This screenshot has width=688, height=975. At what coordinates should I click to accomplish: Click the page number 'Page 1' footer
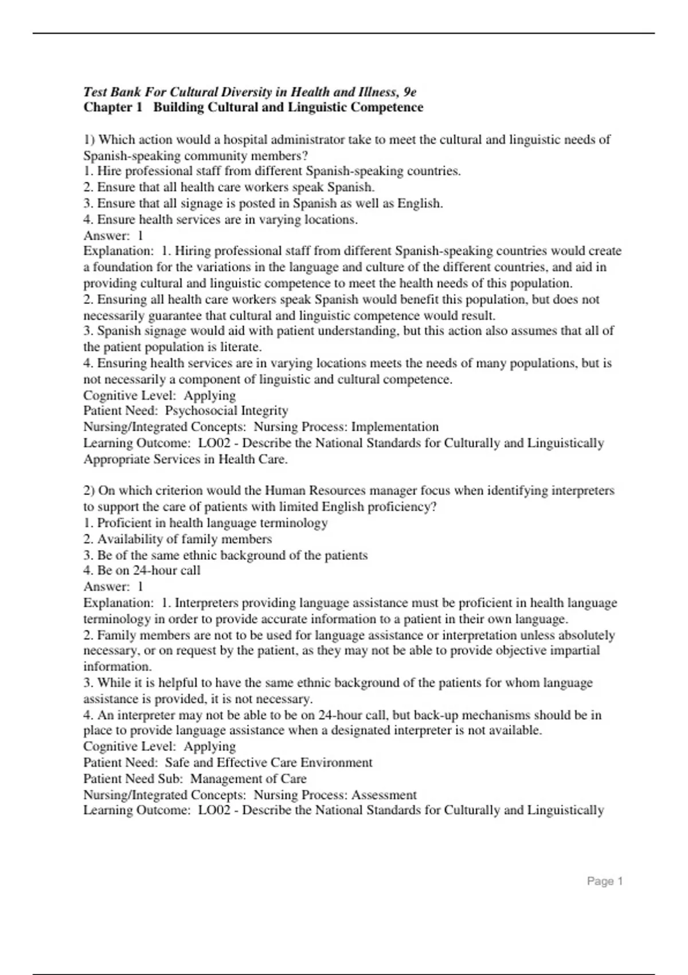(604, 882)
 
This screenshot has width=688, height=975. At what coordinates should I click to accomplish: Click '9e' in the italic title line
(409, 92)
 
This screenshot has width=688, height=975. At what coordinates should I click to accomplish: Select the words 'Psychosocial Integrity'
(226, 411)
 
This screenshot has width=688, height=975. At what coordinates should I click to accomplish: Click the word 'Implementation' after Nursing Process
(395, 427)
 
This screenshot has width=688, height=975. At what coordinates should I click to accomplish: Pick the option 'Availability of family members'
(184, 539)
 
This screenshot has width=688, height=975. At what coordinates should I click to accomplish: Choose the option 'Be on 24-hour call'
(148, 571)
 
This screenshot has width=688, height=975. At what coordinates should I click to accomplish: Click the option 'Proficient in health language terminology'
(212, 523)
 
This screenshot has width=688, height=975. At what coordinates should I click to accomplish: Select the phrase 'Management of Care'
(248, 779)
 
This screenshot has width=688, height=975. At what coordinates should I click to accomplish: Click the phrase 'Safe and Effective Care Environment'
(268, 763)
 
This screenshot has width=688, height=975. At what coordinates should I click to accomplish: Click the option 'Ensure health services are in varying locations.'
(227, 219)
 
